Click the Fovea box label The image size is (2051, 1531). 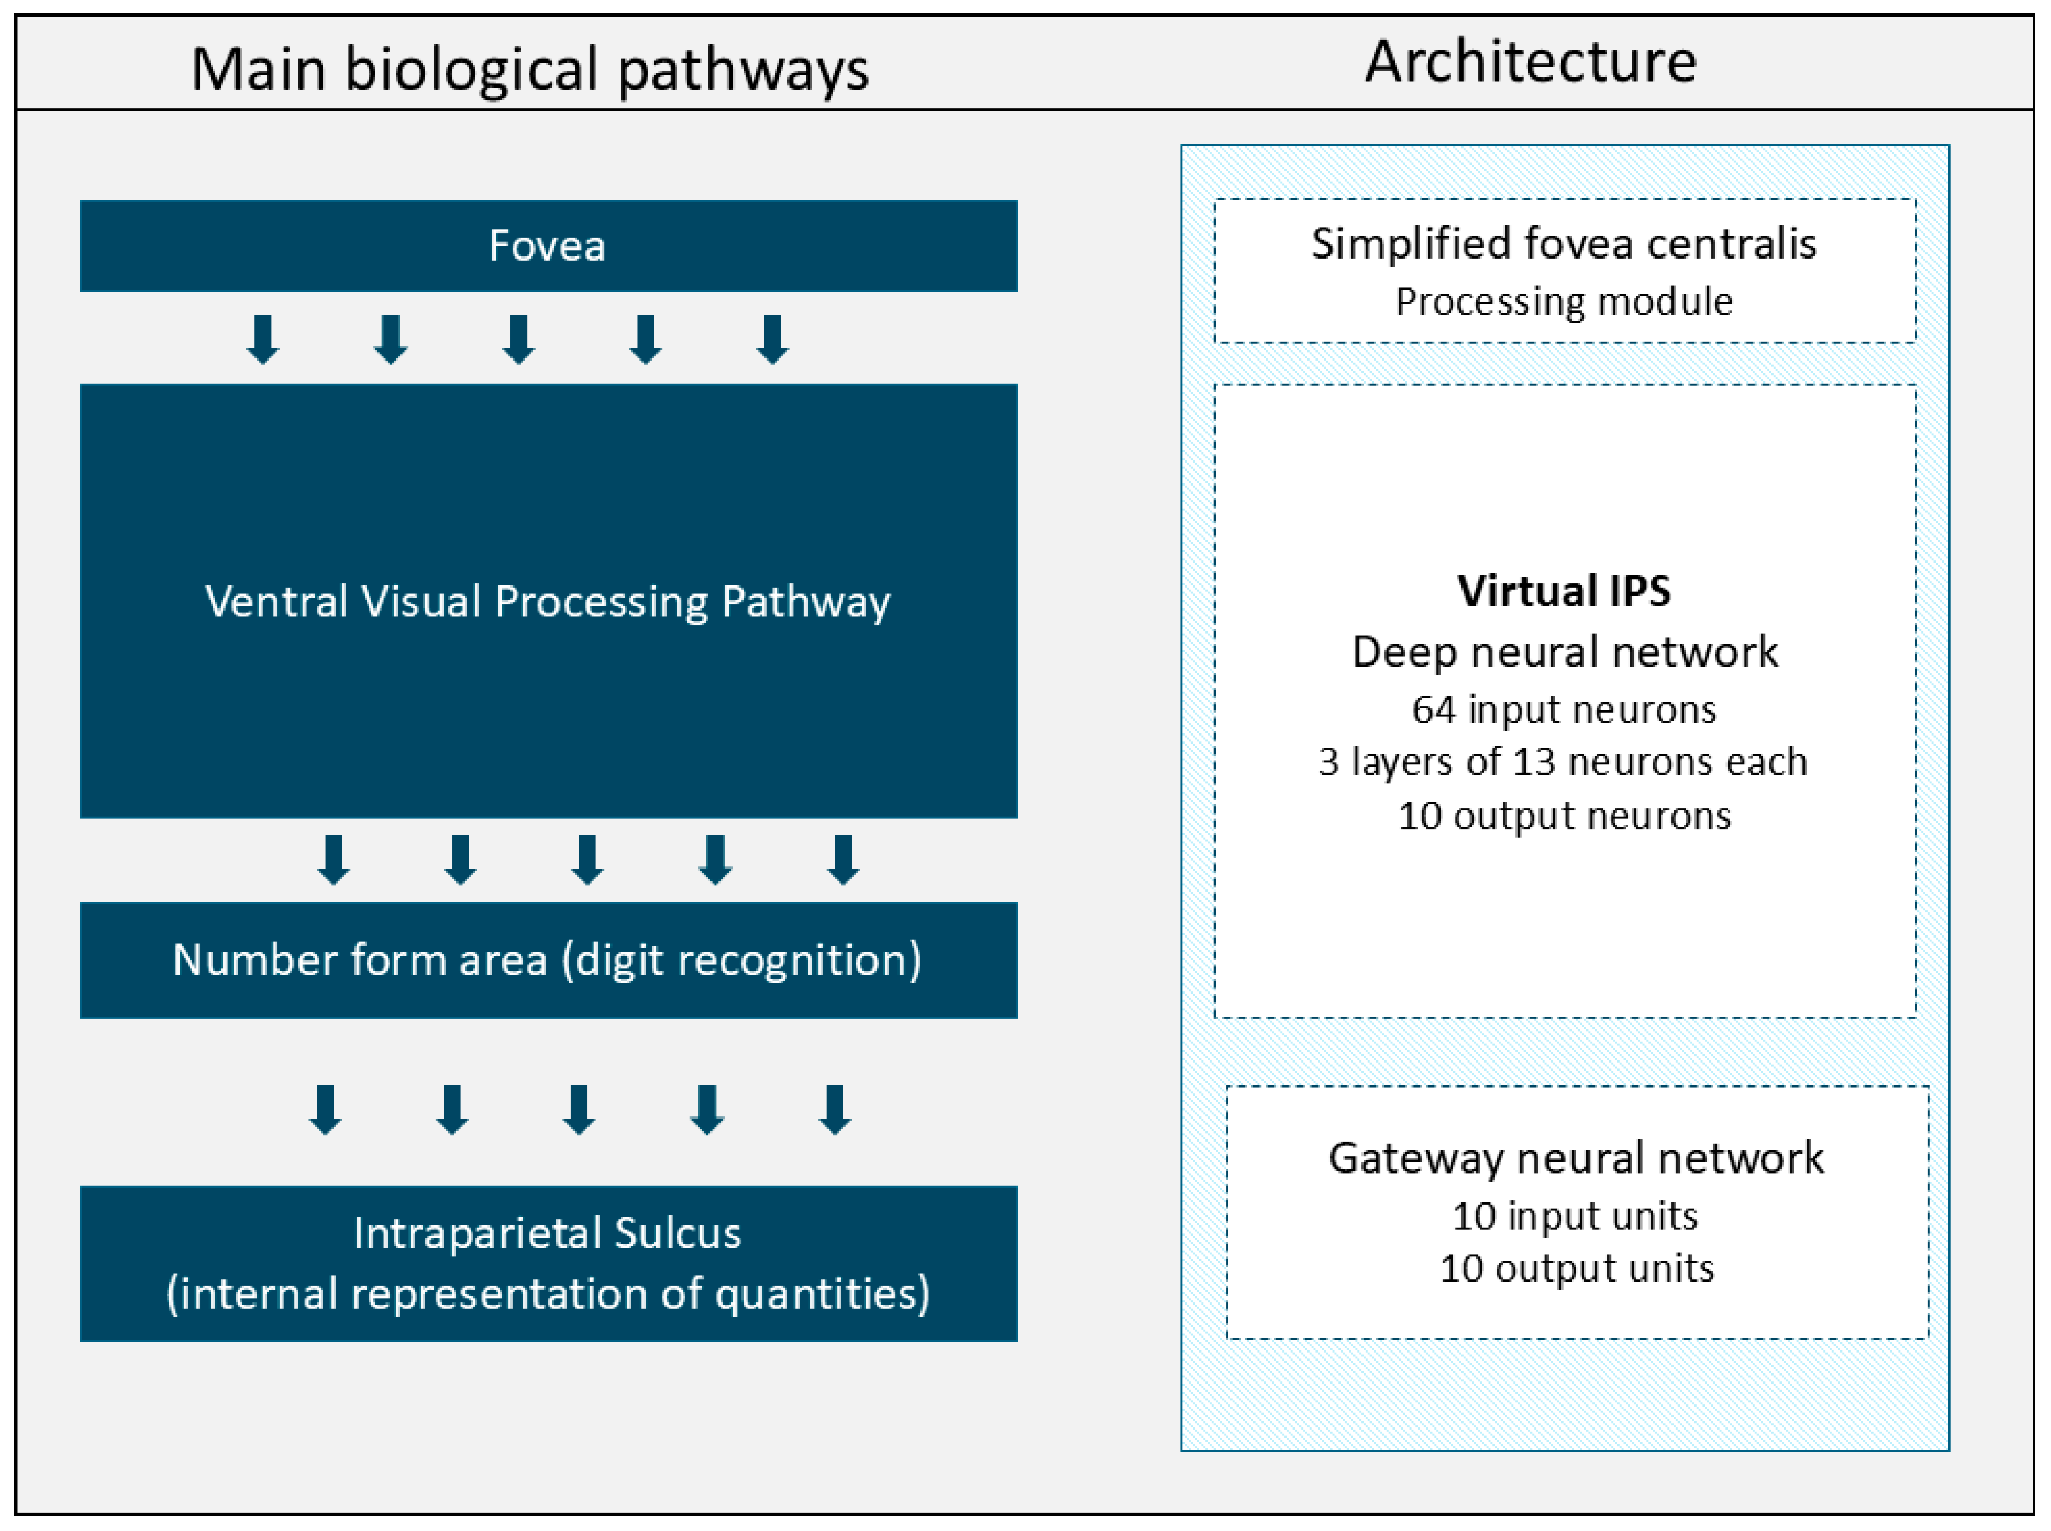547,246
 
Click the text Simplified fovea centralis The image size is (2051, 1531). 1564,244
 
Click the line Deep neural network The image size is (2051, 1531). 1564,652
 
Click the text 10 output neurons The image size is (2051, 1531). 1564,816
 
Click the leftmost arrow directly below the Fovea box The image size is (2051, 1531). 264,339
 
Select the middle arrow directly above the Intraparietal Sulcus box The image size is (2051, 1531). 579,1110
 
